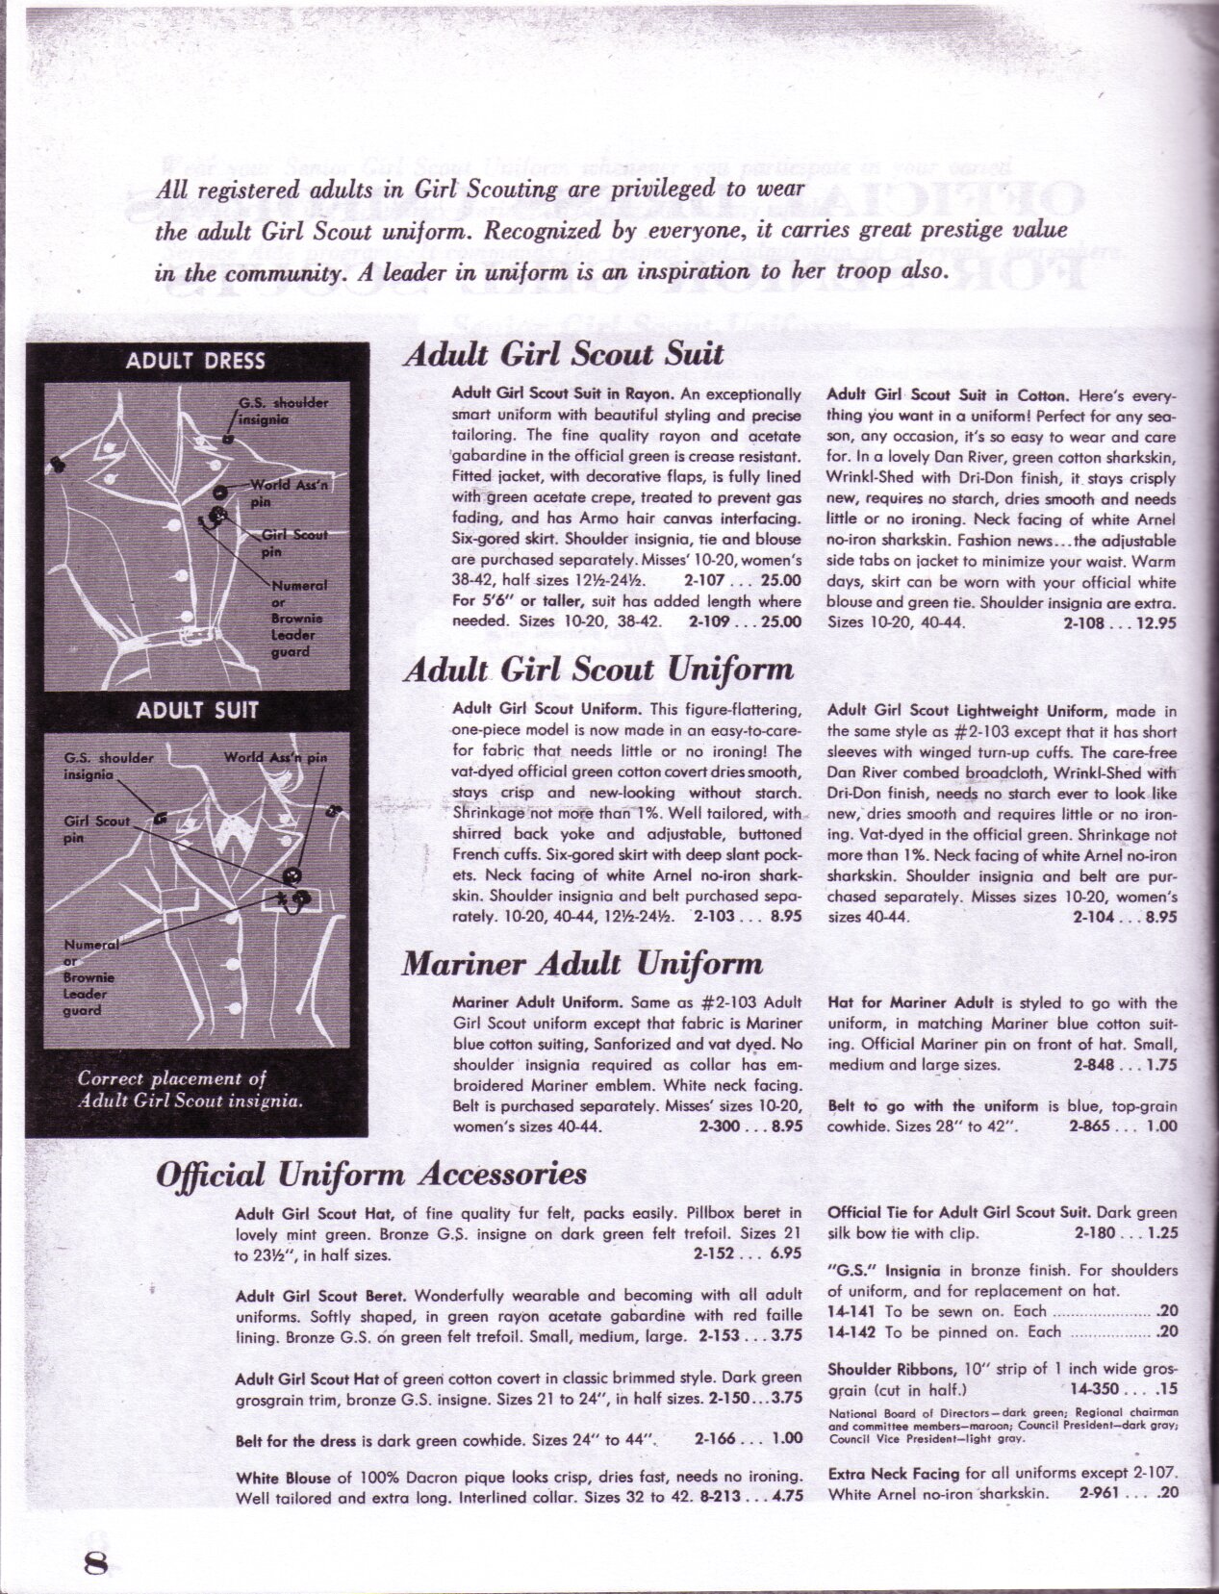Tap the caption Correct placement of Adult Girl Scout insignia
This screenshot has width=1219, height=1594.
point(190,1089)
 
